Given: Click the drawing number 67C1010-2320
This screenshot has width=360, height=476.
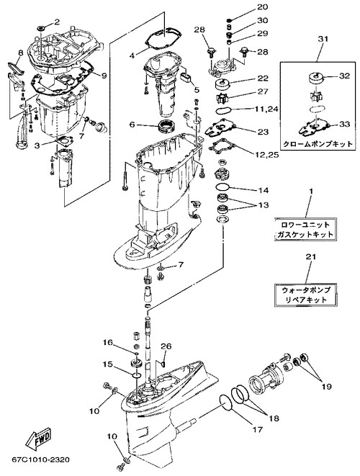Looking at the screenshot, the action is (40, 460).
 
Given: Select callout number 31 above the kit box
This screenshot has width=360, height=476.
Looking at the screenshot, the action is (323, 39).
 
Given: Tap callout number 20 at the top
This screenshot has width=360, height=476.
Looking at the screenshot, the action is (263, 7).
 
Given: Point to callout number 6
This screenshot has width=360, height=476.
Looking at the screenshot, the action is (132, 125).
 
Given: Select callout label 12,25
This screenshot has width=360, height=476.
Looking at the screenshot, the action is (267, 155).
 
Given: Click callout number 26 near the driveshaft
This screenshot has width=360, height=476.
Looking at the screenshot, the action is (166, 346).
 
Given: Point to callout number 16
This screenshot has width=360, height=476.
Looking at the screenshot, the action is (107, 343).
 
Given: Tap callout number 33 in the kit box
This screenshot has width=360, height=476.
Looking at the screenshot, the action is (344, 124).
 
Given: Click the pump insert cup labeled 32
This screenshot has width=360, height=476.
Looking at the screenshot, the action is (317, 78).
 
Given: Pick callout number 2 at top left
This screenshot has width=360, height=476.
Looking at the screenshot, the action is (57, 22).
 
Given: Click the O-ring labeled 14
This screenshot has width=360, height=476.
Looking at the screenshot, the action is (222, 187).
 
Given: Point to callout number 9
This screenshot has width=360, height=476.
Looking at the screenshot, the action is (104, 76).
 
